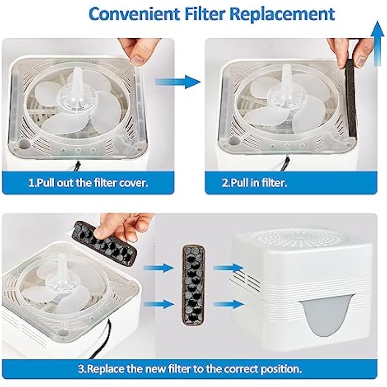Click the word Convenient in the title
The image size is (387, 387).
click(x=134, y=14)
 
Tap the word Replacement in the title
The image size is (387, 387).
click(x=282, y=15)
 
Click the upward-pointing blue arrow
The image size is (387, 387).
click(x=377, y=44)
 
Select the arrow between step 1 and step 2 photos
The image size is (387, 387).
click(x=178, y=82)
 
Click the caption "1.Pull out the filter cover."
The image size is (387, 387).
click(x=89, y=183)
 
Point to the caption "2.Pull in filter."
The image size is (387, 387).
click(x=254, y=183)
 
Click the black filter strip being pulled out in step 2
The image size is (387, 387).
click(x=350, y=99)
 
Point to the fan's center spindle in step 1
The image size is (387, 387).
click(x=76, y=81)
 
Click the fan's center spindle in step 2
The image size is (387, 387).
click(x=286, y=78)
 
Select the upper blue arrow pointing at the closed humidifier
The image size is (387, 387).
click(x=228, y=268)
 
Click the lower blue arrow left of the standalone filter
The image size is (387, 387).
click(x=159, y=304)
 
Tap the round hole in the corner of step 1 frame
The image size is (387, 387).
click(x=24, y=144)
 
